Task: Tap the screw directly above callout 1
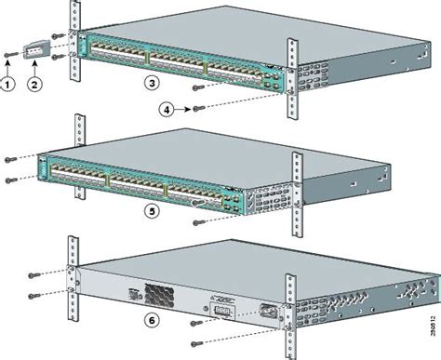[x=8, y=55]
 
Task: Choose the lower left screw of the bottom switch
[x=33, y=296]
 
